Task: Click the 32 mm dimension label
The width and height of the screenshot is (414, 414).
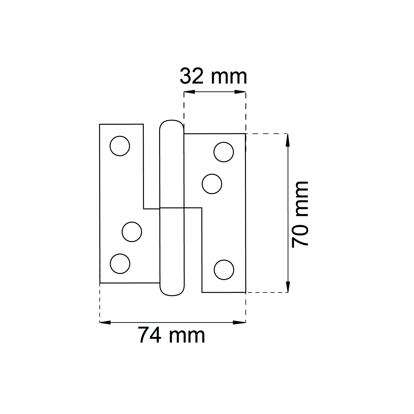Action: [x=213, y=76]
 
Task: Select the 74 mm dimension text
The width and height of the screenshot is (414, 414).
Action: [x=172, y=335]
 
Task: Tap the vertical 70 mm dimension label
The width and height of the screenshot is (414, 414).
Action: [x=300, y=214]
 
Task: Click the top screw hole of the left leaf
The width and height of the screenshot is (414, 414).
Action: [x=120, y=146]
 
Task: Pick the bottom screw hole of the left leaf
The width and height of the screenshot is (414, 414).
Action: [x=120, y=264]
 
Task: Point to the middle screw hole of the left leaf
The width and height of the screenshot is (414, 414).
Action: [x=132, y=232]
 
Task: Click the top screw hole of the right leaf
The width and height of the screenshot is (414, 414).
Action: [x=224, y=152]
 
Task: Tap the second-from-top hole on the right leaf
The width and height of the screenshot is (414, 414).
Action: [x=212, y=184]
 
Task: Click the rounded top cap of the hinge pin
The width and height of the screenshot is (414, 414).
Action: [x=172, y=121]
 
